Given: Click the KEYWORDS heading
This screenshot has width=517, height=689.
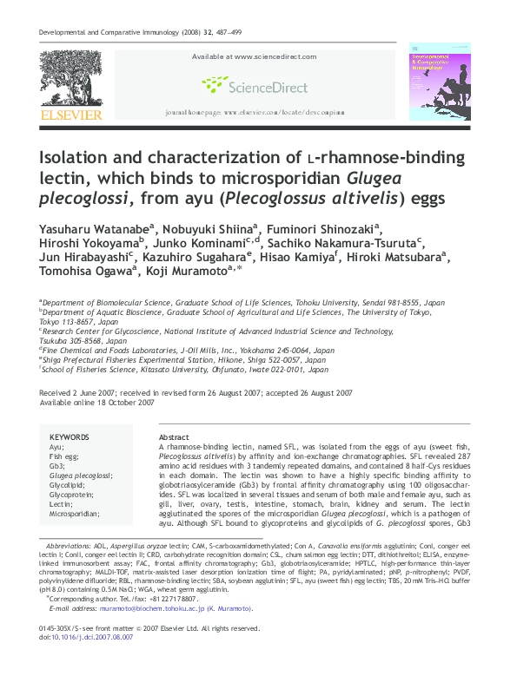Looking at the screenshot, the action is (70, 436).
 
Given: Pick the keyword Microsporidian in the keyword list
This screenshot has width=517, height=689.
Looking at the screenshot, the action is (75, 514).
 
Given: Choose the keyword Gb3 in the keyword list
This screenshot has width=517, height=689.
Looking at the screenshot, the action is (56, 465).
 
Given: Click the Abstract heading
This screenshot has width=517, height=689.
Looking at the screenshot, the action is (174, 436).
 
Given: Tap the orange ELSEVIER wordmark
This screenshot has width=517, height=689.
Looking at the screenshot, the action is (69, 115).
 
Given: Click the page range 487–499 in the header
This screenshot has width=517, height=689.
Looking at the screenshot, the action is (231, 34).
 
